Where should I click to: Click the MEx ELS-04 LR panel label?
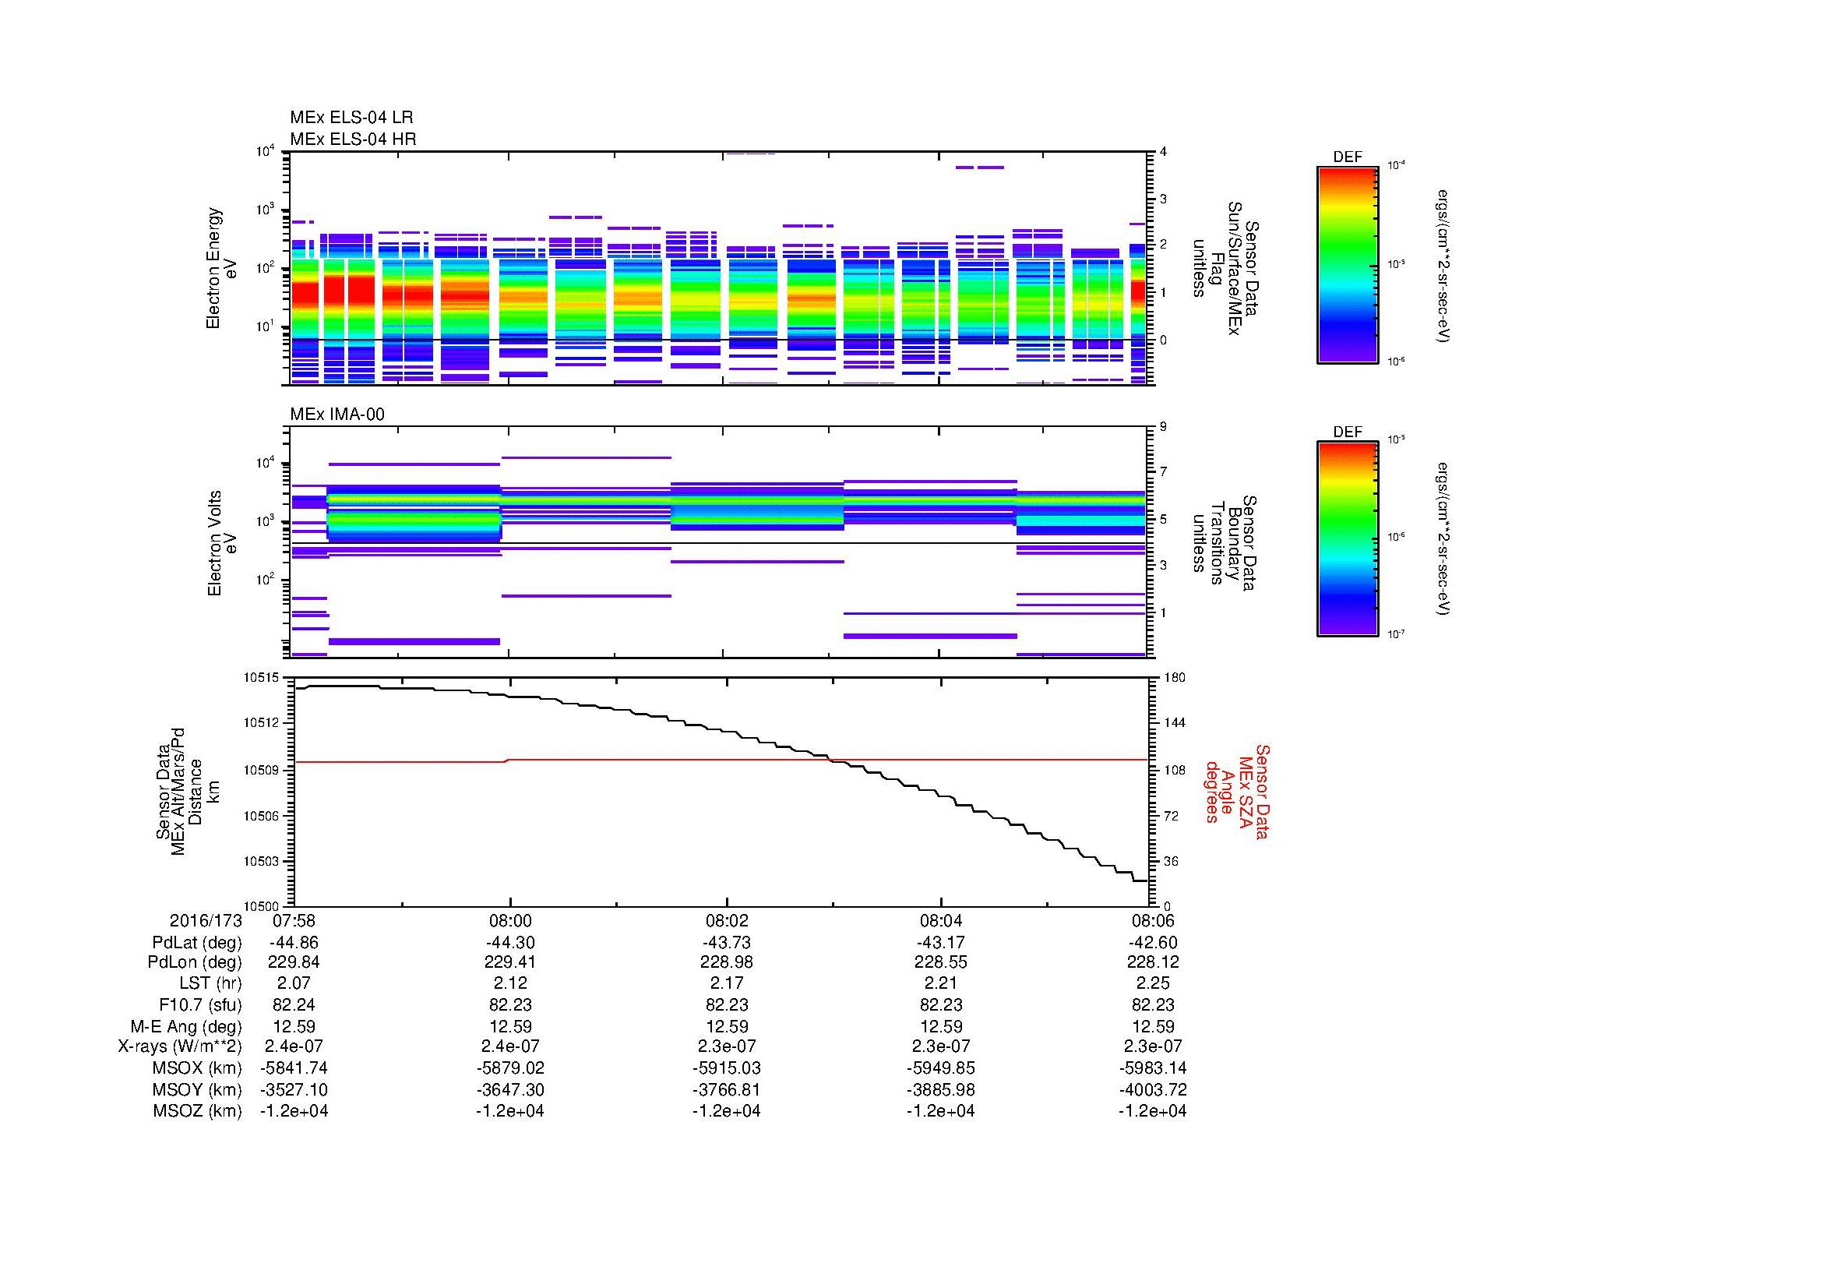click(x=351, y=118)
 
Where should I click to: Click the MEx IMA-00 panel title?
click(x=337, y=415)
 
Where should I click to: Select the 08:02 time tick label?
click(x=726, y=921)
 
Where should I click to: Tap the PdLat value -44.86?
click(x=294, y=943)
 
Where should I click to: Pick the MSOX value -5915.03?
click(x=726, y=1068)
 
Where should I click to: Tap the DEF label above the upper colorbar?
click(x=1348, y=157)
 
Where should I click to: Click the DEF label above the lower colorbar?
click(x=1348, y=432)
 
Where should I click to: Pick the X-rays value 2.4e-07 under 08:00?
click(x=509, y=1046)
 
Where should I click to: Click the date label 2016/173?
click(x=205, y=921)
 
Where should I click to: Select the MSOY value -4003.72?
click(x=1152, y=1089)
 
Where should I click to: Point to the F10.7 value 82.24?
click(x=294, y=1004)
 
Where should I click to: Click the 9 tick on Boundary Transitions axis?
click(x=1163, y=427)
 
